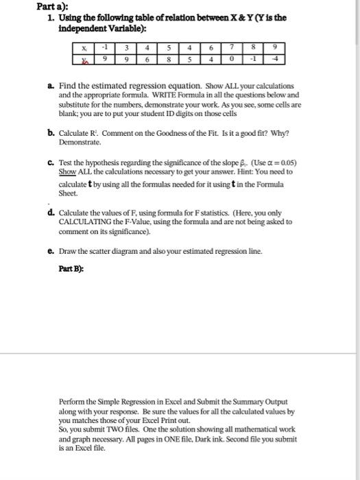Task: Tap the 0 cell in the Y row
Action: (233, 60)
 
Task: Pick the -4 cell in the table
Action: (274, 60)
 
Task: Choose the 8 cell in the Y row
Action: (169, 60)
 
